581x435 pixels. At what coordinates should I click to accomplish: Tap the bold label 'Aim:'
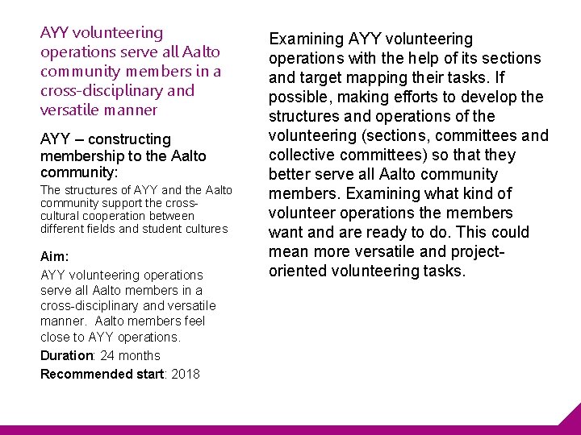(x=54, y=255)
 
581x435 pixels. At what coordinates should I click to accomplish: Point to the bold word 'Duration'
(x=67, y=355)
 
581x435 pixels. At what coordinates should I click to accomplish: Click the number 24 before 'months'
(x=107, y=355)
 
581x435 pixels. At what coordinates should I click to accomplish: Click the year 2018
(x=186, y=374)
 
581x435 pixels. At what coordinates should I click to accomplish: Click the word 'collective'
(x=303, y=155)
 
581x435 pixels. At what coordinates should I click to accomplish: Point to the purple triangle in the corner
(x=571, y=418)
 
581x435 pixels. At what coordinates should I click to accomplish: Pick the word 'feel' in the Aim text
(x=194, y=321)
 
